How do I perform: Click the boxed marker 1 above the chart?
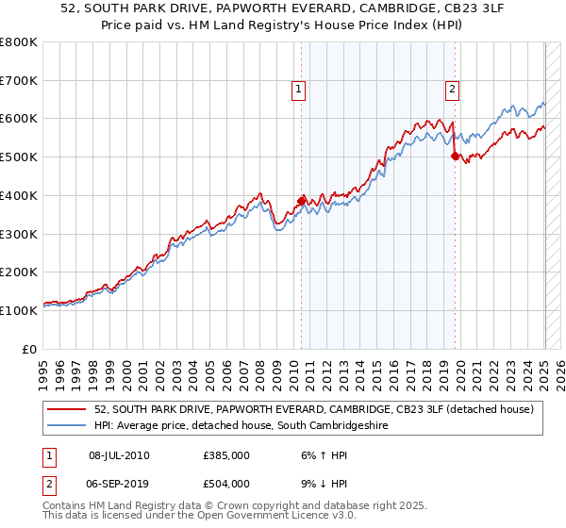coord(298,90)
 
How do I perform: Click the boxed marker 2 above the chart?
coord(453,90)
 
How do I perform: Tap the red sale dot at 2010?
coord(302,201)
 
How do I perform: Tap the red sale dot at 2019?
coord(455,157)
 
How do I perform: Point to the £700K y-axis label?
coord(19,81)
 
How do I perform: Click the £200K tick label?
coord(19,272)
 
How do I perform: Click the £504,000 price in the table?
coord(226,484)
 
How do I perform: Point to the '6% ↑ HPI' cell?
coord(319,455)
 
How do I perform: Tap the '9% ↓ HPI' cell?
coord(319,484)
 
